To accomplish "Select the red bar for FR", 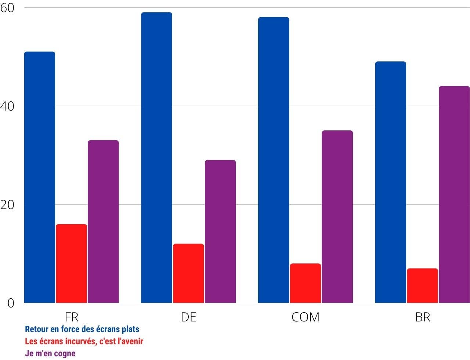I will click(71, 263).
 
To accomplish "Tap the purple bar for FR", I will click(103, 222).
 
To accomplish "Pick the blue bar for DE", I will click(156, 158).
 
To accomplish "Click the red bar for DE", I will click(188, 273).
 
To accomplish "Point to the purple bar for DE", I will click(220, 231).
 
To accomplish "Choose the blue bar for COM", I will click(274, 160).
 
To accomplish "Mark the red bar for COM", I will click(305, 283).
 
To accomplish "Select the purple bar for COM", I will click(337, 217).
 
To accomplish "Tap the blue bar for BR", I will click(391, 182).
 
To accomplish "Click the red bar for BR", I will click(422, 285).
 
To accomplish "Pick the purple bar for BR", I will click(454, 194).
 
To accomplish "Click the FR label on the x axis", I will click(71, 317).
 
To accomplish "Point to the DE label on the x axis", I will click(188, 317).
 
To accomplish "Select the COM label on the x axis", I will click(305, 317).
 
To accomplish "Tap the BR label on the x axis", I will click(422, 317).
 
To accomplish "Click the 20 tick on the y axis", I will click(7, 205).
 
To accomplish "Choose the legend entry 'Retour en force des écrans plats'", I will click(82, 329).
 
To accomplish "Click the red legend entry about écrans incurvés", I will click(84, 341).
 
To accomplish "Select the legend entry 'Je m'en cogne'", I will click(50, 353).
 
